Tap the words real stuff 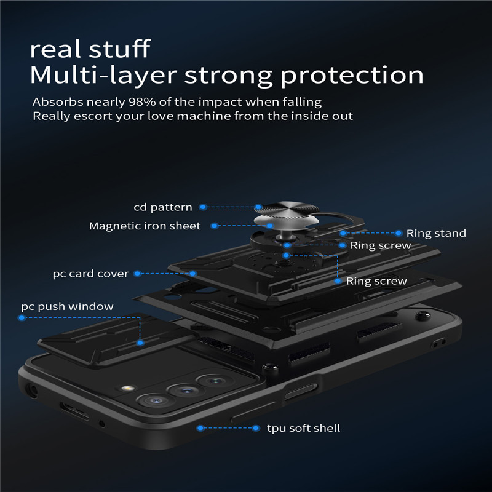point(90,48)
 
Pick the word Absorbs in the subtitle point(54,102)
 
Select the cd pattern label point(163,207)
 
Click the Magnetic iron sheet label point(145,226)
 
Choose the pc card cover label point(90,273)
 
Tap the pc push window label point(67,306)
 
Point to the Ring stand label point(436,233)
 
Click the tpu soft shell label point(303,427)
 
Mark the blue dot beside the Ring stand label point(399,233)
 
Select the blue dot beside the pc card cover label point(137,273)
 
